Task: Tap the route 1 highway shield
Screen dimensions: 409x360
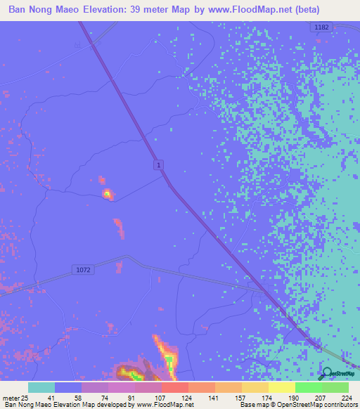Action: (160, 164)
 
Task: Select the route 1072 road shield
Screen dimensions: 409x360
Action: (82, 269)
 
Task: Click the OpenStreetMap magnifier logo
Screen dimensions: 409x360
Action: (327, 374)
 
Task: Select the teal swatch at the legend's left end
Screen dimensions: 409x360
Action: (41, 387)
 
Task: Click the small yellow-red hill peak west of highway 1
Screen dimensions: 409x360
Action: (108, 193)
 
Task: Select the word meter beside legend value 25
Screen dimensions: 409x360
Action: (12, 397)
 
